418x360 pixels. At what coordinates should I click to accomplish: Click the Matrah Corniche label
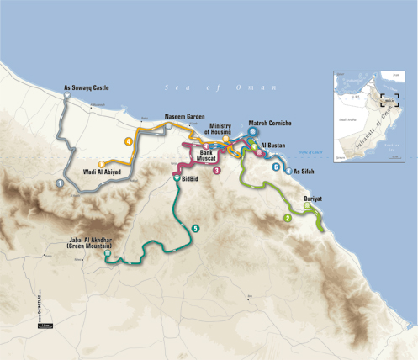pos(270,123)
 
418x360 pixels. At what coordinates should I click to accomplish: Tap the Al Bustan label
pos(276,145)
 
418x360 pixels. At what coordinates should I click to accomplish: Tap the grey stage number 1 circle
pos(60,182)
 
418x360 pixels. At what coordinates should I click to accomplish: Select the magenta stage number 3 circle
pos(217,171)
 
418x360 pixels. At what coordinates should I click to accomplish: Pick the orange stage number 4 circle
pos(129,141)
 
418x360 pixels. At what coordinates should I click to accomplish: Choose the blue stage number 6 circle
pos(275,167)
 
